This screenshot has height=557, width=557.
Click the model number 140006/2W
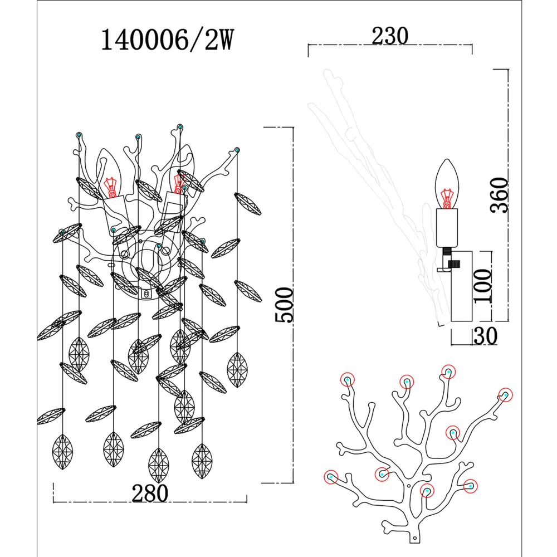click(167, 40)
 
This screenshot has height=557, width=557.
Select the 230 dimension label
click(390, 36)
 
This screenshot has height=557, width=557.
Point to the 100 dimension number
click(482, 286)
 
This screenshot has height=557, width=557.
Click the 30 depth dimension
click(486, 336)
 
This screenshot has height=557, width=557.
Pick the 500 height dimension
click(284, 305)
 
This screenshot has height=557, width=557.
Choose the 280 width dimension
click(150, 493)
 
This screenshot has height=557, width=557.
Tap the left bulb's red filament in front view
click(110, 188)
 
